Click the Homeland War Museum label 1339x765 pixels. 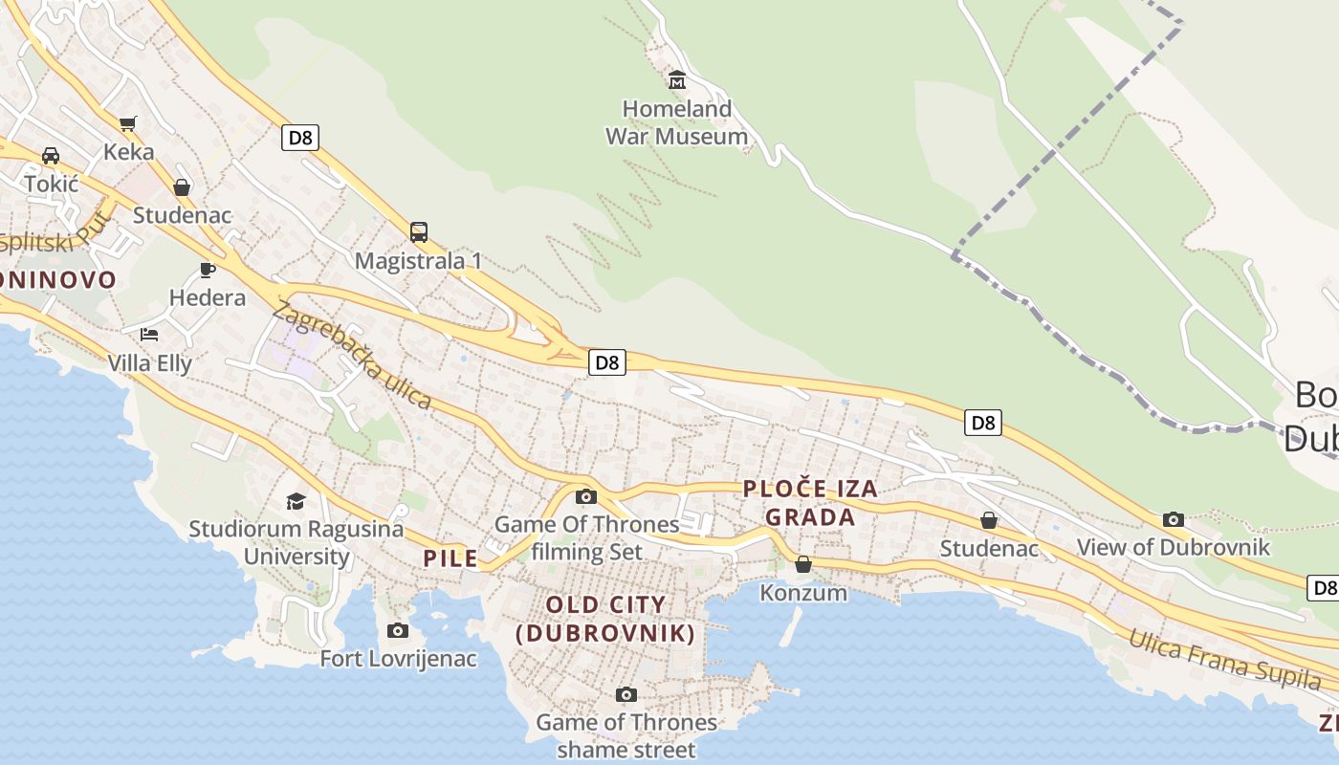(676, 122)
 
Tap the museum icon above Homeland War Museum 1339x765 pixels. (677, 79)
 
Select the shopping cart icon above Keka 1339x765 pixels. (128, 123)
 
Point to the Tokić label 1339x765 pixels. (52, 184)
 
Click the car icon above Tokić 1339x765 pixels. (51, 156)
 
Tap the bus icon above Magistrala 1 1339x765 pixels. (419, 231)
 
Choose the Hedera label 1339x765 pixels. (208, 297)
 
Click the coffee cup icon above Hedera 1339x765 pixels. (208, 270)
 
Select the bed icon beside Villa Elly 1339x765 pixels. (149, 335)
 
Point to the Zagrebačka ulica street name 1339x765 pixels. (352, 355)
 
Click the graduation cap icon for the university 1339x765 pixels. (296, 501)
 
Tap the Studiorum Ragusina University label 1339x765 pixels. (296, 542)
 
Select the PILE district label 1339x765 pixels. (450, 558)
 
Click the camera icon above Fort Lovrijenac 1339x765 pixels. (398, 631)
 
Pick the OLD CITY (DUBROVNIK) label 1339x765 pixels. (604, 619)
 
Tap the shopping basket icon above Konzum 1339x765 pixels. (803, 565)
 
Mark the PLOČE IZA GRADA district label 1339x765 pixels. (810, 503)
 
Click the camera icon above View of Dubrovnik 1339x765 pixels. (1174, 520)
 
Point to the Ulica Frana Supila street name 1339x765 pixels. (1224, 659)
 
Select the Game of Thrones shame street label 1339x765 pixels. (626, 736)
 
